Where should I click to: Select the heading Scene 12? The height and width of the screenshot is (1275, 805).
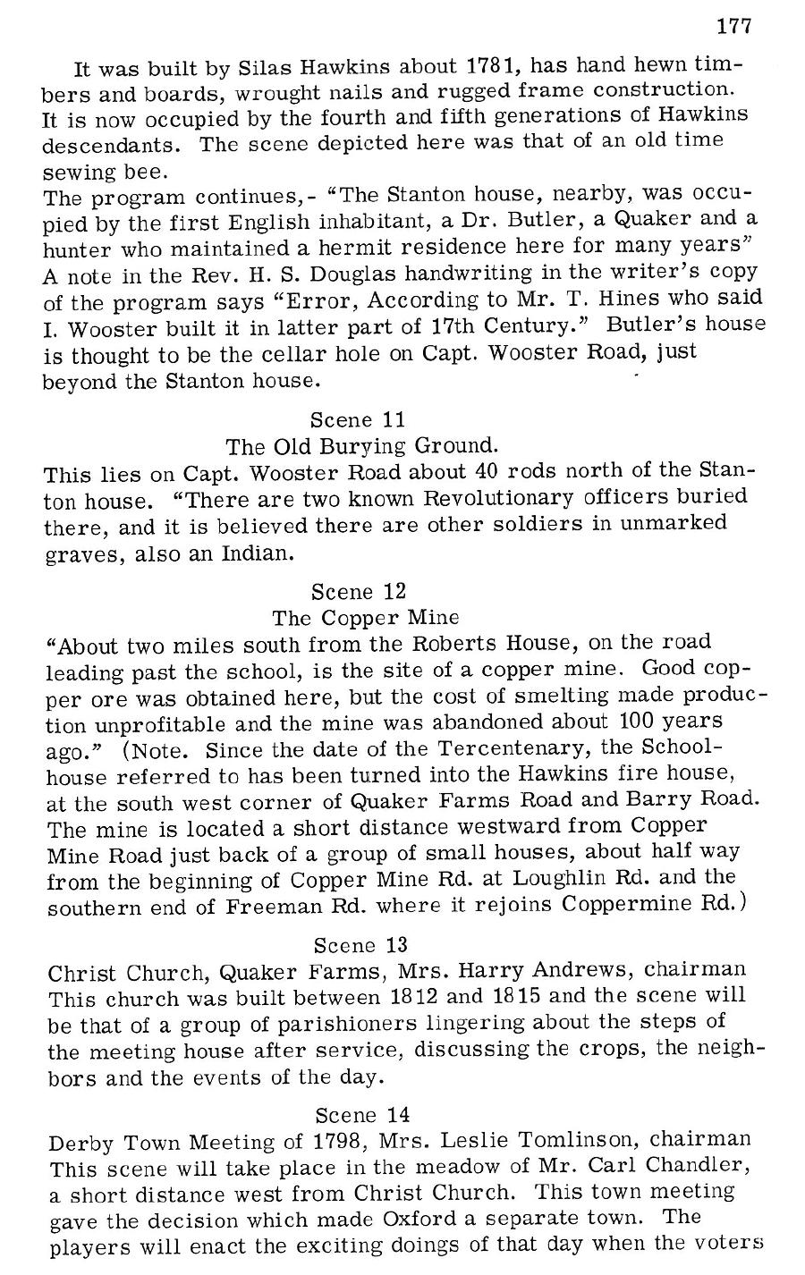tap(359, 591)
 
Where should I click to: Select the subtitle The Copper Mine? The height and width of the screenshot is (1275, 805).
tap(365, 618)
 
